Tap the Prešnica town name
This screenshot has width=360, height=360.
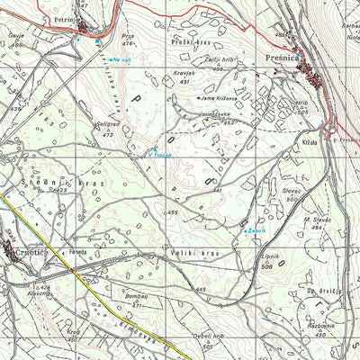[x=287, y=56]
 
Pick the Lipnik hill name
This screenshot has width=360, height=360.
[x=271, y=257]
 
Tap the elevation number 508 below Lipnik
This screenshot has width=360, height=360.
[x=266, y=267]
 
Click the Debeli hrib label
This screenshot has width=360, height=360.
[x=208, y=337]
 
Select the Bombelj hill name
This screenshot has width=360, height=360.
[x=136, y=296]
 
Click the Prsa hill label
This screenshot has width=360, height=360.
[x=127, y=37]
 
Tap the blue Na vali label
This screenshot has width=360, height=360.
[x=121, y=60]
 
